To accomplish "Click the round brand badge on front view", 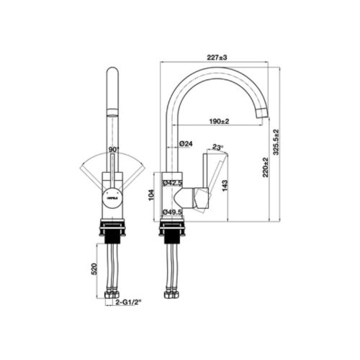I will [x=113, y=194].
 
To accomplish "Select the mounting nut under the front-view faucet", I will [x=113, y=230].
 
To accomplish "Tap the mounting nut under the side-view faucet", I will [x=174, y=230].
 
